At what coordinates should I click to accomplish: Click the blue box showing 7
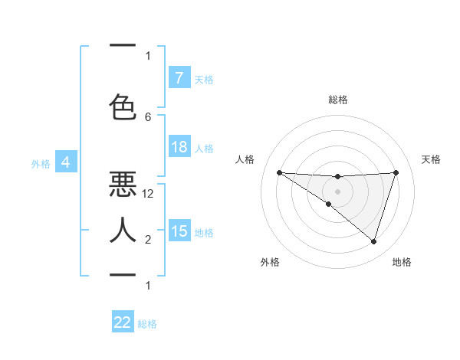(x=179, y=77)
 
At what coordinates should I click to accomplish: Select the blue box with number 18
(x=179, y=147)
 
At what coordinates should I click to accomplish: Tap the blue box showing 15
(x=179, y=231)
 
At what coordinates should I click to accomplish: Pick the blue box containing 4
(x=66, y=162)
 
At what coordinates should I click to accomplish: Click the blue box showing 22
(x=123, y=322)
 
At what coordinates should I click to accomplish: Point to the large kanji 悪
(x=123, y=184)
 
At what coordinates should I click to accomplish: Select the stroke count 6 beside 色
(x=148, y=116)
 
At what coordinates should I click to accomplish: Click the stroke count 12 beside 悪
(x=148, y=194)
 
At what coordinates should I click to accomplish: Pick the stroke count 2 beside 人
(x=148, y=240)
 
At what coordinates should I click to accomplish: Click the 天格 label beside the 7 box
(x=204, y=79)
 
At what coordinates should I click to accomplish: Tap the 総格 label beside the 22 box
(x=147, y=324)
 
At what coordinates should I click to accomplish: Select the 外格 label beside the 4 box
(x=41, y=163)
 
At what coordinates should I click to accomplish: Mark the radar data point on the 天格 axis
(x=396, y=172)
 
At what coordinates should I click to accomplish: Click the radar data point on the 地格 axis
(x=373, y=241)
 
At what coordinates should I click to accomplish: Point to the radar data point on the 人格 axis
(x=279, y=172)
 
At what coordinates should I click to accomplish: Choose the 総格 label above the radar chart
(x=337, y=100)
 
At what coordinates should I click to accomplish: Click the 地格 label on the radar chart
(x=402, y=262)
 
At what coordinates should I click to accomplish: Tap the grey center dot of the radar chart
(x=337, y=191)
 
